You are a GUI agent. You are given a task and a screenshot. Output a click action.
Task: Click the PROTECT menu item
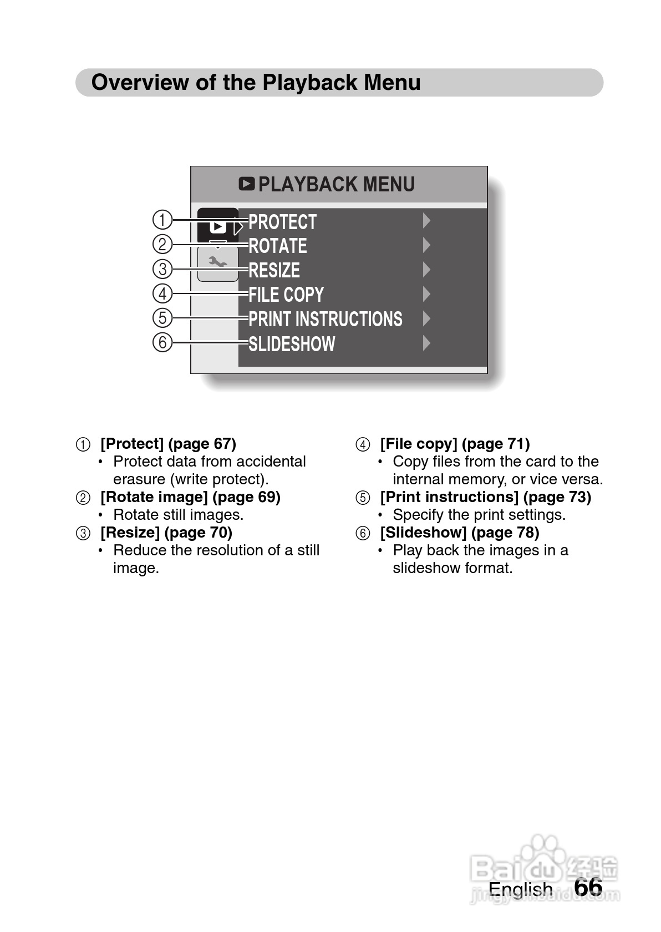[282, 222]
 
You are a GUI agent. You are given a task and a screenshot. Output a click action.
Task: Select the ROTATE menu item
[278, 246]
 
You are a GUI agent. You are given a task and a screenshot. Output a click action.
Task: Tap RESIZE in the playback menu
[274, 270]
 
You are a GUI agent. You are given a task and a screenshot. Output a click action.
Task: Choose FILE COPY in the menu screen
[286, 295]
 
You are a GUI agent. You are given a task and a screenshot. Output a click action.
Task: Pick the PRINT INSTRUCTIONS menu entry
[326, 319]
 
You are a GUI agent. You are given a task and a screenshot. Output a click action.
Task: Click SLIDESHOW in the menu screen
[292, 344]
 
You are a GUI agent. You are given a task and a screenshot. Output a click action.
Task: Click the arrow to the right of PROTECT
[426, 221]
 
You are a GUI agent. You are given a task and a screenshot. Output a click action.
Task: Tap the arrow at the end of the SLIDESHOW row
[426, 343]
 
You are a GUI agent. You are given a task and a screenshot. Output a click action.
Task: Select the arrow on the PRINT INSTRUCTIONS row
[426, 318]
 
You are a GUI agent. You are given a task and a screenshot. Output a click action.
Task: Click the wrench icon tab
[217, 262]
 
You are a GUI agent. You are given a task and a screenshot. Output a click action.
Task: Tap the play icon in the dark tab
[217, 226]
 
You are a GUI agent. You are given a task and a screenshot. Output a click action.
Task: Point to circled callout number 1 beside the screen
[162, 220]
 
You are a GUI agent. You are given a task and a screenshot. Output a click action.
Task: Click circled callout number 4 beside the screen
[162, 293]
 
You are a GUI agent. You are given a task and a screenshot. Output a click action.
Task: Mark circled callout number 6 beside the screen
[162, 342]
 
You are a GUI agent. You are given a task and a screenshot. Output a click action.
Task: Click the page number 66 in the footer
[588, 887]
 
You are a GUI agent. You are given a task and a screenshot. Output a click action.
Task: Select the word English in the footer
[520, 889]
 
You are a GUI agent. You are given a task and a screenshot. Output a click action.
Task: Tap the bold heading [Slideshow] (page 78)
[459, 533]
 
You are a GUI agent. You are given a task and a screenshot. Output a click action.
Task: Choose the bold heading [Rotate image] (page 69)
[190, 497]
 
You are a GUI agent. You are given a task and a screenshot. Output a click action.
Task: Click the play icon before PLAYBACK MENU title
[247, 184]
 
